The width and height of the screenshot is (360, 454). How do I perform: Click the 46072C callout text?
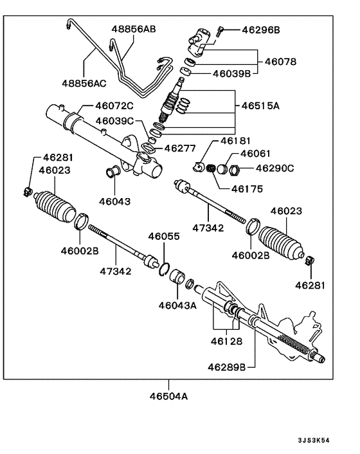(x=114, y=105)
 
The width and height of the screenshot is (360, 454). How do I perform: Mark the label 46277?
(x=179, y=148)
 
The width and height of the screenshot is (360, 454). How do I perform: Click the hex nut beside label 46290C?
(x=235, y=170)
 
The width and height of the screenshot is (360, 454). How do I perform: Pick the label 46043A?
(x=177, y=305)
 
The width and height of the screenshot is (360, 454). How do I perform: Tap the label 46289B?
(x=226, y=367)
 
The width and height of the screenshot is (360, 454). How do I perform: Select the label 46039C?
(x=114, y=121)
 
